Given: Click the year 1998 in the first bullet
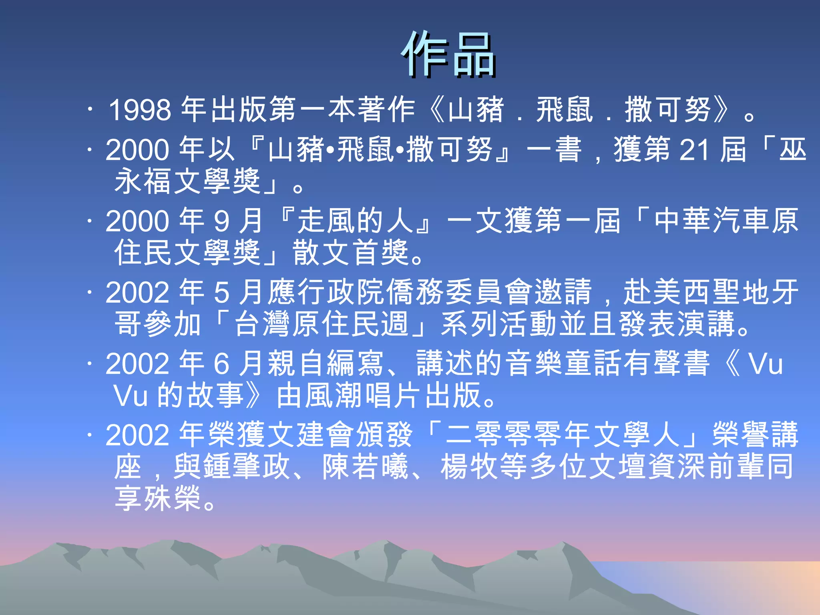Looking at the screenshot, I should [140, 110].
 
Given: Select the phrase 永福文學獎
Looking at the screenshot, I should [188, 181].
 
